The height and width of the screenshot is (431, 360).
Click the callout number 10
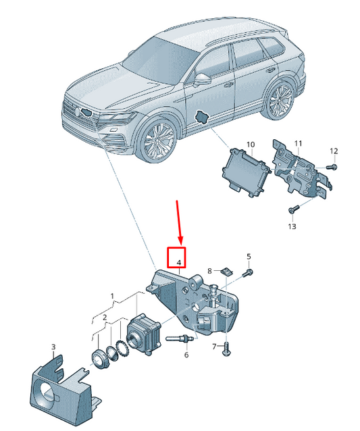click(x=251, y=145)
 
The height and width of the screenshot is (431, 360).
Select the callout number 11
click(x=298, y=143)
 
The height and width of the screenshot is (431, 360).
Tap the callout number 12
click(x=334, y=151)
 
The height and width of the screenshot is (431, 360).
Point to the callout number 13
click(x=292, y=226)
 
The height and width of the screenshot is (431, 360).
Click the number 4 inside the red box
click(x=179, y=263)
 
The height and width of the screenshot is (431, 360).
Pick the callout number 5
click(x=249, y=257)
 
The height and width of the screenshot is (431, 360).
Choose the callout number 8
click(x=209, y=272)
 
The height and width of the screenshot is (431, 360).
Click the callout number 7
click(x=215, y=347)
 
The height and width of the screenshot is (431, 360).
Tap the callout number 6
click(x=186, y=355)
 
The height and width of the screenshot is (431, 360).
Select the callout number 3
click(x=53, y=347)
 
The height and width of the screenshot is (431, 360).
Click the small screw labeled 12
click(x=332, y=167)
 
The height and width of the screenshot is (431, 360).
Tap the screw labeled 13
click(x=293, y=209)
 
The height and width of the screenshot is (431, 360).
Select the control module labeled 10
click(x=245, y=172)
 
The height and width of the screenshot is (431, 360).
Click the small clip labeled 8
click(x=227, y=272)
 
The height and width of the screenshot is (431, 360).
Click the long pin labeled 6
click(x=178, y=339)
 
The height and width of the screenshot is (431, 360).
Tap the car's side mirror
click(x=202, y=80)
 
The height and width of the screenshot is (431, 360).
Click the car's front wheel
click(x=158, y=141)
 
